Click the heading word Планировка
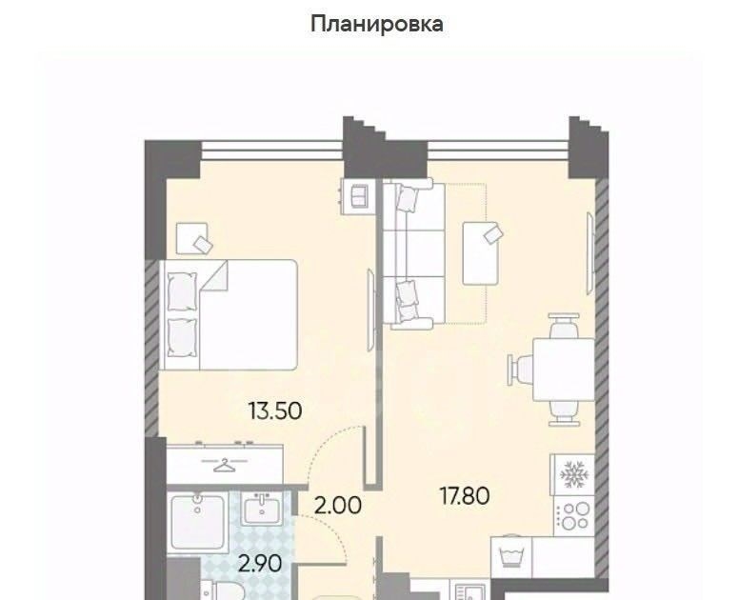376,25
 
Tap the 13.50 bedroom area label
275,410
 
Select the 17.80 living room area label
464,496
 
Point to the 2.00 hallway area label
337,506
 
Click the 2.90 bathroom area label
260,563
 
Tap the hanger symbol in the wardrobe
225,465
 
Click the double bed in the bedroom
229,314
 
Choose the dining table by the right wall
564,370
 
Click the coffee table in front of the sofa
481,253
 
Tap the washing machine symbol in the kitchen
511,557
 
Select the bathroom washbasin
261,509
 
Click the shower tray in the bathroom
198,522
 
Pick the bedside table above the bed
192,238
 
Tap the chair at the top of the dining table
564,326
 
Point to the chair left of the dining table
520,370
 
